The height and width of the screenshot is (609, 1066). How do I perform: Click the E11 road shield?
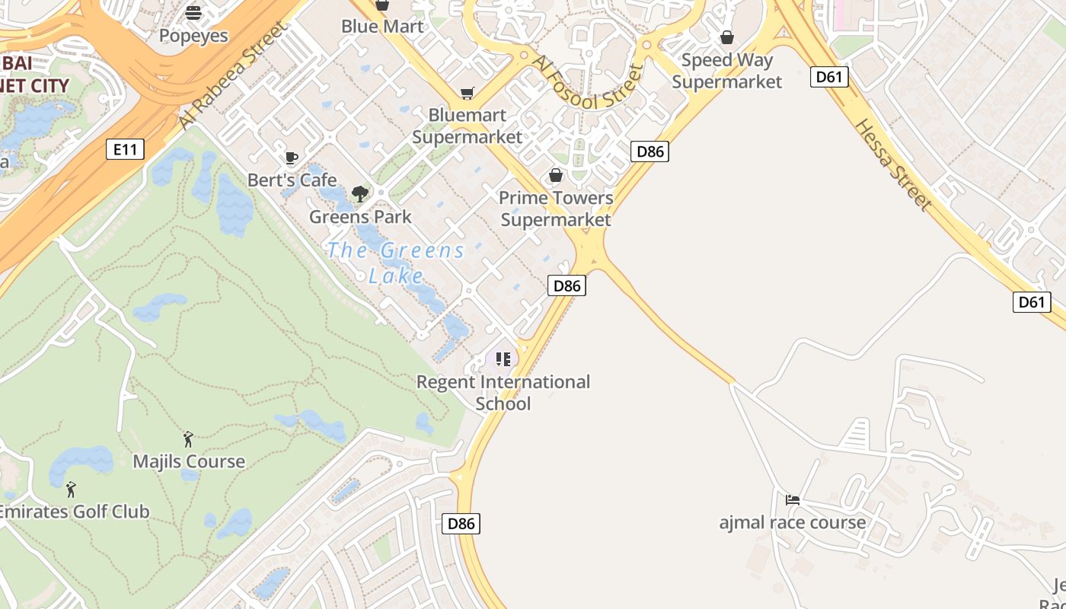click(125, 149)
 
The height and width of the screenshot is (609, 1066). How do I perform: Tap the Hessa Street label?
click(892, 164)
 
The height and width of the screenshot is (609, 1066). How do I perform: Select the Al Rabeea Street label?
click(233, 75)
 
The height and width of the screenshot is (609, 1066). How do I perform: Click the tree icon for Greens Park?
click(360, 194)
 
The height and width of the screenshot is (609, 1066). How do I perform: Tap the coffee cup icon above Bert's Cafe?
click(291, 158)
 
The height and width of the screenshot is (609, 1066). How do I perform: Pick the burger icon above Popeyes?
click(193, 13)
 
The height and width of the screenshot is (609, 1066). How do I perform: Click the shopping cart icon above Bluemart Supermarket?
click(467, 93)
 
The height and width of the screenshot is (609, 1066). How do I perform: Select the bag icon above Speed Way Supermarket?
click(727, 37)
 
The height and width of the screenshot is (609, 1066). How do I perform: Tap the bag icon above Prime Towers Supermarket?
click(556, 176)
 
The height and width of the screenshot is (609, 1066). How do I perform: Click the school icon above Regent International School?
click(503, 359)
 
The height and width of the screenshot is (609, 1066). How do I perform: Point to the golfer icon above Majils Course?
click(188, 439)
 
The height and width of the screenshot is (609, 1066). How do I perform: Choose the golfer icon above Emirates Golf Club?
click(71, 489)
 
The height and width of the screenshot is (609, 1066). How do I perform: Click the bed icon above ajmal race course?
click(793, 500)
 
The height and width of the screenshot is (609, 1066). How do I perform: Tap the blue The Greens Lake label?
click(396, 262)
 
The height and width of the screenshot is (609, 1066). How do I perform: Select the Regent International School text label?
click(503, 392)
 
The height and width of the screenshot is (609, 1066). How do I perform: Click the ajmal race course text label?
click(793, 522)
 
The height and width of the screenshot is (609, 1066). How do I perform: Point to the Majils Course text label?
click(189, 461)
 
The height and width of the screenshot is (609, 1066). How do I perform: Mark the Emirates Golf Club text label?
click(74, 512)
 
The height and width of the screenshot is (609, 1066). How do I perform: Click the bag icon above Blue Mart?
click(381, 5)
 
